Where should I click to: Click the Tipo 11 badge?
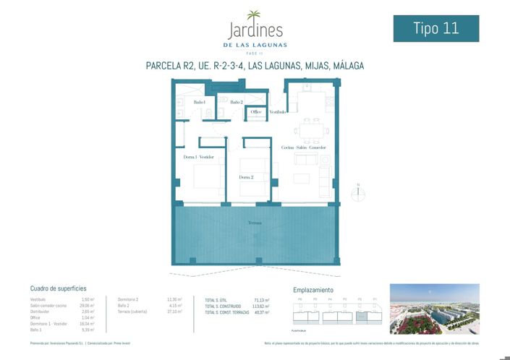435,28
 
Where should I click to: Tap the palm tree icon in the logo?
254,15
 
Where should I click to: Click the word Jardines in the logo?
255,31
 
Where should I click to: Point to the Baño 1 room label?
200,103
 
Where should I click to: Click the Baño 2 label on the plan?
237,103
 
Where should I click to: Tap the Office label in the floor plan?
255,112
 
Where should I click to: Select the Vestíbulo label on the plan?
279,112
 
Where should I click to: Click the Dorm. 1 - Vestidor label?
198,157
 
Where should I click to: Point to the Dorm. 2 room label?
247,176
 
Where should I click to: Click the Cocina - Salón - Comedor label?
303,147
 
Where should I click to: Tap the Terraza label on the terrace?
252,225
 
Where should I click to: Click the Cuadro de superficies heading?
59,288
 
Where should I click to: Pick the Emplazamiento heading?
313,288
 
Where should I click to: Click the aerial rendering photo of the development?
434,309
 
